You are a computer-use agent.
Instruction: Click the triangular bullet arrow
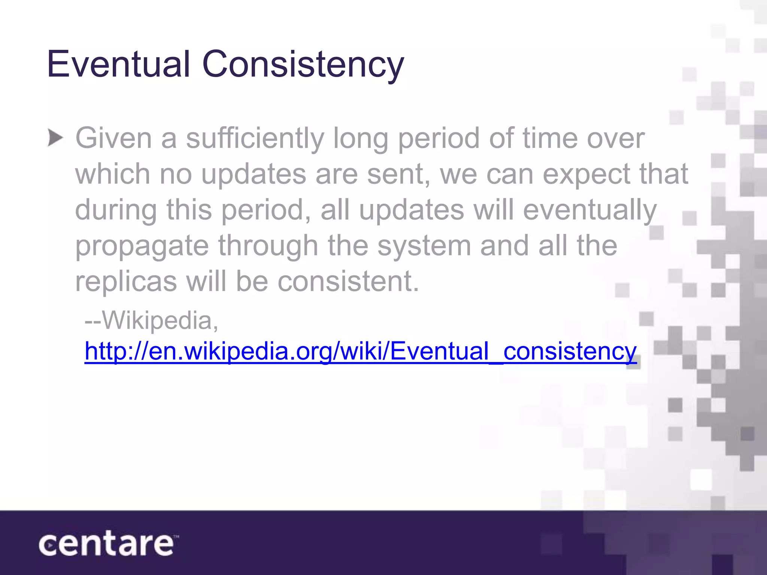[x=55, y=139]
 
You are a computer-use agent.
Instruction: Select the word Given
[x=113, y=139]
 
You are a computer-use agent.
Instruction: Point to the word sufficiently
[x=255, y=139]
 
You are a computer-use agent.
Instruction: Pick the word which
[x=113, y=174]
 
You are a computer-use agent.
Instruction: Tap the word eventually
[x=589, y=210]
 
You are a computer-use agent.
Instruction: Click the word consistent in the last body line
[x=348, y=282]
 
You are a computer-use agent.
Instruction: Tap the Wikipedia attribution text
[x=152, y=321]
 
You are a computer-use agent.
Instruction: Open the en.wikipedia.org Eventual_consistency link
[x=360, y=352]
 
